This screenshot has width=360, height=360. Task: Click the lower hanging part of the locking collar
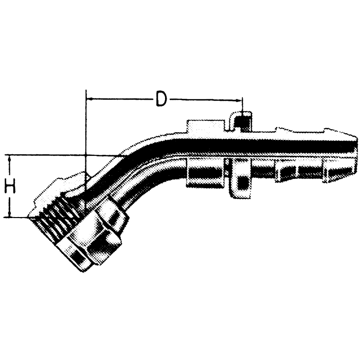click(240, 177)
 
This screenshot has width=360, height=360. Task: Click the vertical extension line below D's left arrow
click(85, 134)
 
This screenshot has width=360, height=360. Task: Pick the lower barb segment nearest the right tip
click(337, 170)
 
